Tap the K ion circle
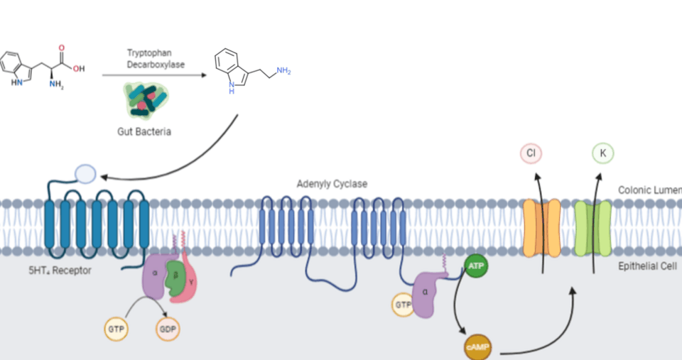tap(603, 153)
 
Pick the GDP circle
tap(168, 329)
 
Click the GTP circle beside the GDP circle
tap(115, 329)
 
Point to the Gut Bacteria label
tap(144, 132)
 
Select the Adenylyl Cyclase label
tap(332, 185)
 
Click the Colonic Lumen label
tap(649, 190)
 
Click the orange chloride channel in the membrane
tap(541, 227)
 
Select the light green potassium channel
tap(593, 228)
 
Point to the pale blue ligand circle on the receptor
tap(86, 173)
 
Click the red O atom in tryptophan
tap(61, 48)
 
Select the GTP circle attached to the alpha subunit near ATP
tap(402, 305)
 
